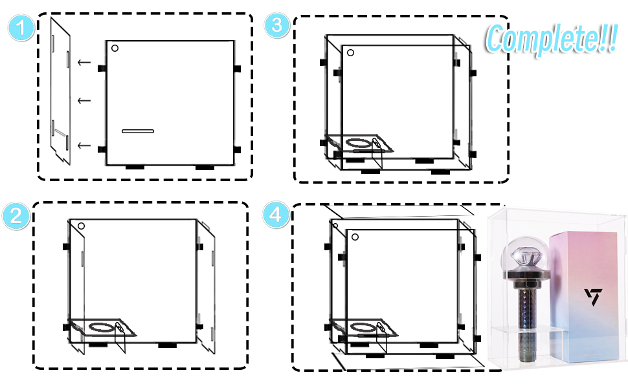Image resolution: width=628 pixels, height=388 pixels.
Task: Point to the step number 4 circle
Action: (275, 215)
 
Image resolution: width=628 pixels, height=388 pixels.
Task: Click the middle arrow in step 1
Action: (84, 100)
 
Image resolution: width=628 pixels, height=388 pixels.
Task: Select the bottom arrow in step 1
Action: (84, 145)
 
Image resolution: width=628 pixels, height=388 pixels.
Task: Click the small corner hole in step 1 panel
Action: (115, 48)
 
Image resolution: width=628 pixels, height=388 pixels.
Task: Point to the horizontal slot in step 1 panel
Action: (138, 132)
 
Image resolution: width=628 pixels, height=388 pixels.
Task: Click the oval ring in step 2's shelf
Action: (97, 327)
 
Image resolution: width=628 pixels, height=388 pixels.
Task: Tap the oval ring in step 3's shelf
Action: (355, 141)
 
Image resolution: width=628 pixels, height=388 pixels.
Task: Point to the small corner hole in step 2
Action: (81, 226)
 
